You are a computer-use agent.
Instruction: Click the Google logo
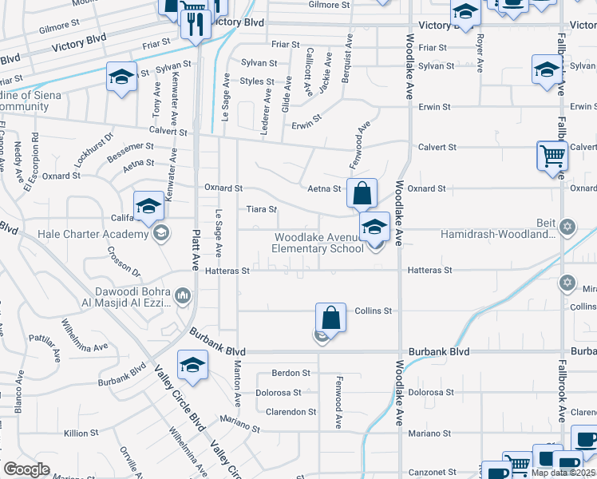[x=26, y=469]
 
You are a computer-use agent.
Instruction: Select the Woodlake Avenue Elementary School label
[x=319, y=243]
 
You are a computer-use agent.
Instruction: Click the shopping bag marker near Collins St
[x=330, y=319]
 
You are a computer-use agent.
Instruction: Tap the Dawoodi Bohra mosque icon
[x=183, y=297]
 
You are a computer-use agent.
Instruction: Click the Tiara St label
[x=260, y=209]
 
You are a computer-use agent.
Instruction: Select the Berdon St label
[x=291, y=373]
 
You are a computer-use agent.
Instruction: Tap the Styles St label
[x=257, y=81]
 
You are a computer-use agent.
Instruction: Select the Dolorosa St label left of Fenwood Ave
[x=279, y=393]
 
